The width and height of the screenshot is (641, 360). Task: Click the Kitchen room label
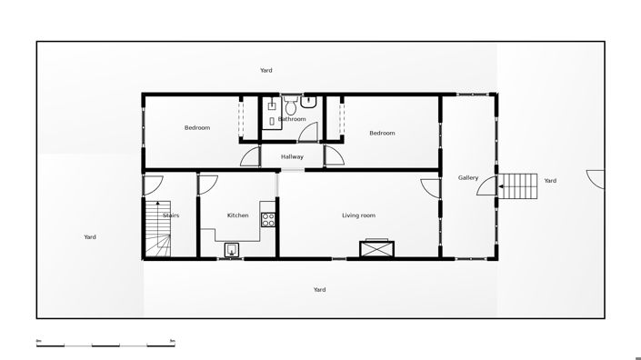coord(237,215)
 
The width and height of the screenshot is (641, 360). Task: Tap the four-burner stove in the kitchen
coord(268,218)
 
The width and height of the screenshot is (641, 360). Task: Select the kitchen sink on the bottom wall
coord(233,250)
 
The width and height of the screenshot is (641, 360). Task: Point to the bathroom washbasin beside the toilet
coord(310,102)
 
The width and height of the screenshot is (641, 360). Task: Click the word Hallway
coord(292,156)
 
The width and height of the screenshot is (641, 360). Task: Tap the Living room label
coord(358,215)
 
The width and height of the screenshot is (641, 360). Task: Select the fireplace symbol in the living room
coord(376,248)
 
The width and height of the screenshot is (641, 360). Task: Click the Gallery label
coord(467,177)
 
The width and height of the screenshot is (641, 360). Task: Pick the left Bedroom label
coord(197,127)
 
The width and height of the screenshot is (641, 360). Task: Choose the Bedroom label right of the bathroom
coord(382,133)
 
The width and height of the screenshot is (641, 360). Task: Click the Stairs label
coord(171,215)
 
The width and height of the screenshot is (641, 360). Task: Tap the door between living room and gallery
coord(430,188)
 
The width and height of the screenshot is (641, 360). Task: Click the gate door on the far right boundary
coord(596,178)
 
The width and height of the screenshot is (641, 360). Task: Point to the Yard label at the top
coord(265,70)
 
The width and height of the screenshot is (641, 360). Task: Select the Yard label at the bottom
coord(319,289)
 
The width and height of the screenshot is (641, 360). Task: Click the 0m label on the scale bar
coord(39,340)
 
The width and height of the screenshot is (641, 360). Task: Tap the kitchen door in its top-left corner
coord(207,182)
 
